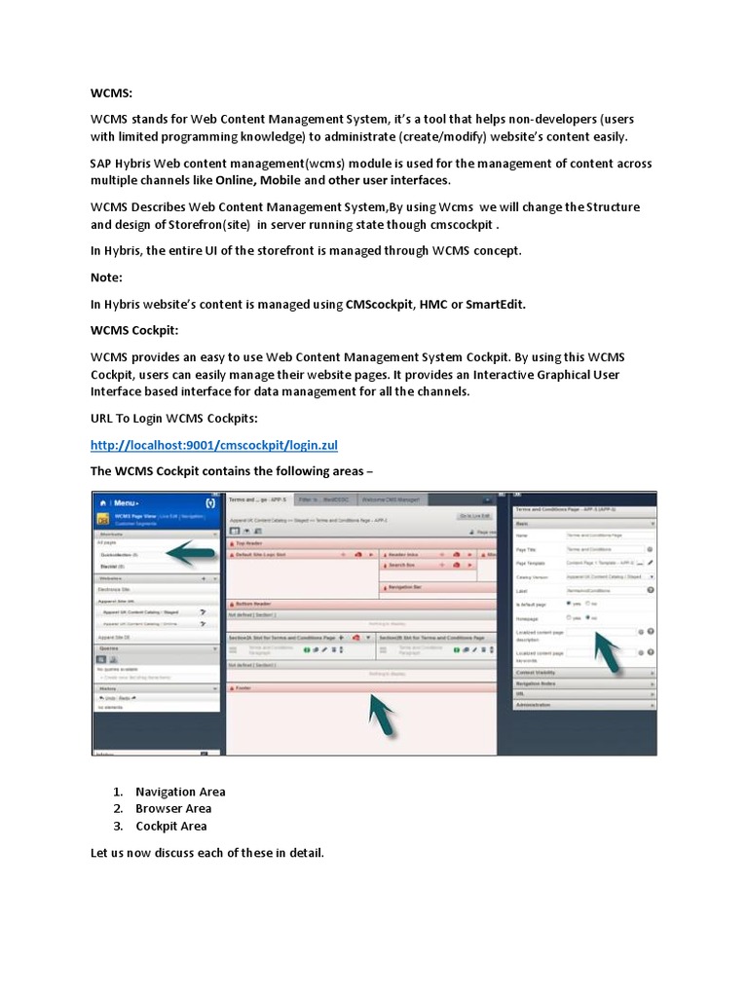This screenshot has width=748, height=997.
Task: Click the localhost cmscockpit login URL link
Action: click(x=212, y=445)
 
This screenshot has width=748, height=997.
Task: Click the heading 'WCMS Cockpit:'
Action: click(x=135, y=331)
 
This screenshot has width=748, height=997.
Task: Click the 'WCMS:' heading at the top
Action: click(x=111, y=96)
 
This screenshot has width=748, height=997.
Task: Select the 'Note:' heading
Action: click(x=107, y=277)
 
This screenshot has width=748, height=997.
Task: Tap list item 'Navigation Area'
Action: click(x=180, y=792)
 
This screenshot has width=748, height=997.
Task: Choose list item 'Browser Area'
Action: click(x=173, y=808)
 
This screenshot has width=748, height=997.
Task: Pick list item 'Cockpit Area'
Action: click(x=171, y=826)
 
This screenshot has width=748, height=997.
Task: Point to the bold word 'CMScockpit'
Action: click(x=379, y=305)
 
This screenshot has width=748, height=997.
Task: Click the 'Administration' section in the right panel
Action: click(x=537, y=703)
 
